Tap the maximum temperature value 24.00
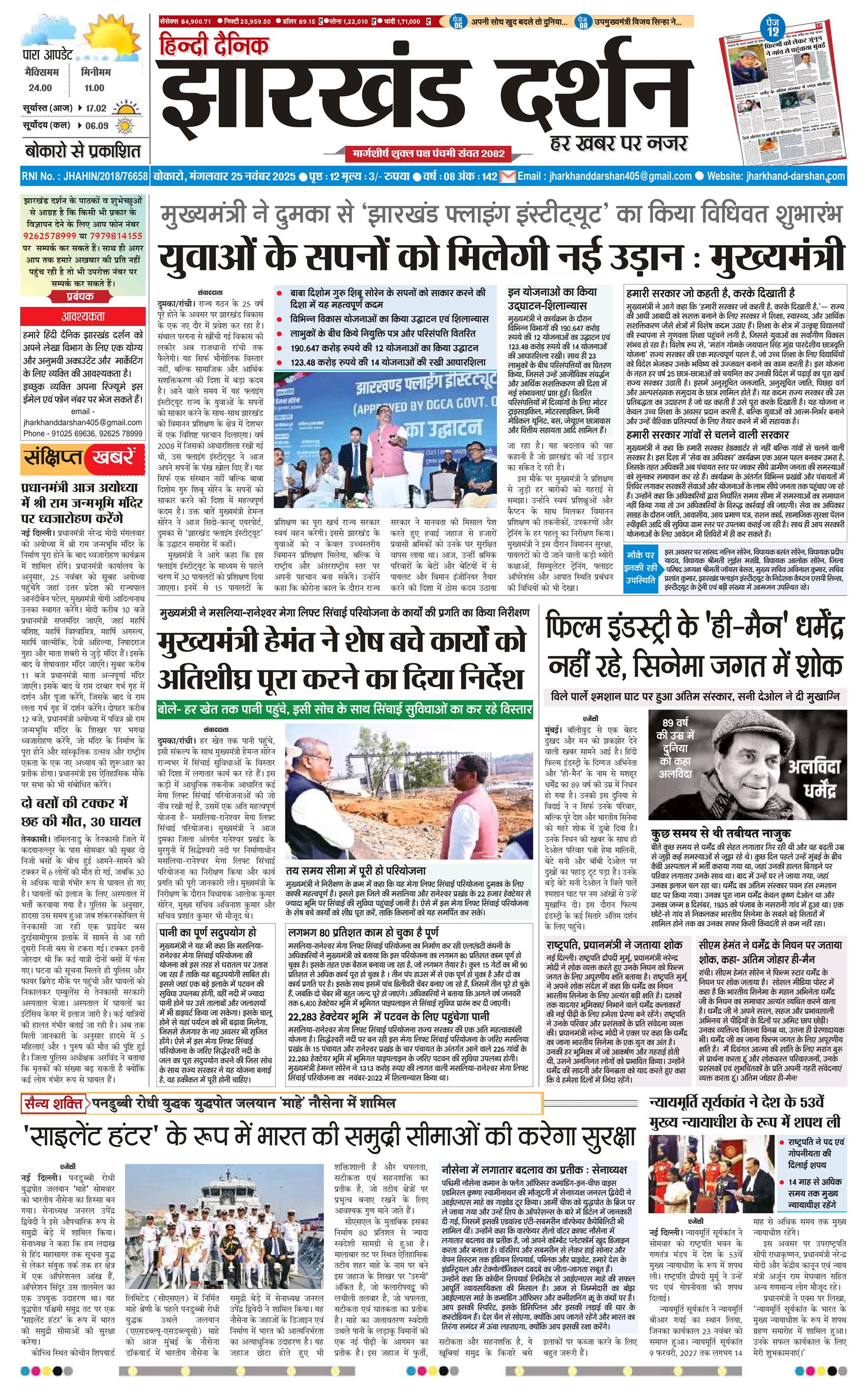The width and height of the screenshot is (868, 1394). coord(40,88)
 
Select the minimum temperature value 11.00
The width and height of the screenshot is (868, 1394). coord(94,88)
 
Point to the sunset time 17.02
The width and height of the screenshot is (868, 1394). coord(96,108)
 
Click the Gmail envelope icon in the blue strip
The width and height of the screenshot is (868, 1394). coord(507,176)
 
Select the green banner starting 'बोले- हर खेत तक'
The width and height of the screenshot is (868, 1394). coord(345,710)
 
